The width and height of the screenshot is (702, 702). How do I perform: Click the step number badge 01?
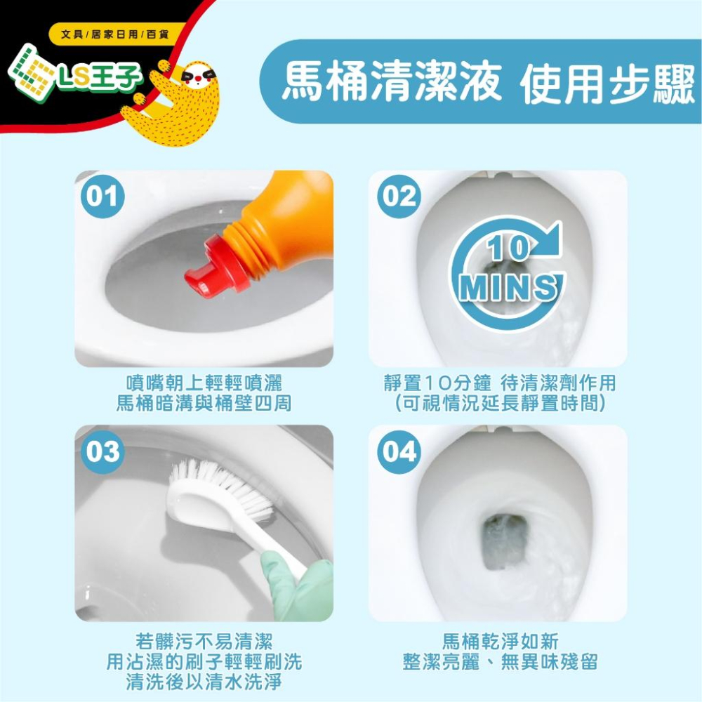click(x=102, y=197)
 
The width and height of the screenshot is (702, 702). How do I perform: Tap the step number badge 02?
click(x=399, y=197)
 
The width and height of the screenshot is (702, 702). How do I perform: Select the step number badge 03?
click(x=102, y=451)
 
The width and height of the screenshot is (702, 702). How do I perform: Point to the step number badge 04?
click(x=399, y=451)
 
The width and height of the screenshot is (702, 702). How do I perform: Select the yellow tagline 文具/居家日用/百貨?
click(x=116, y=34)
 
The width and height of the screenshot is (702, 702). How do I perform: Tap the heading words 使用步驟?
click(x=607, y=84)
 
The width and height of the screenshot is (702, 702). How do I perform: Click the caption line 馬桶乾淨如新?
click(x=500, y=641)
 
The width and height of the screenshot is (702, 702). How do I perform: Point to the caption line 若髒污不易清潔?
click(x=204, y=641)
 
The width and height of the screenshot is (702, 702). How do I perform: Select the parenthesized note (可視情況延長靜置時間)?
click(x=500, y=403)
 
